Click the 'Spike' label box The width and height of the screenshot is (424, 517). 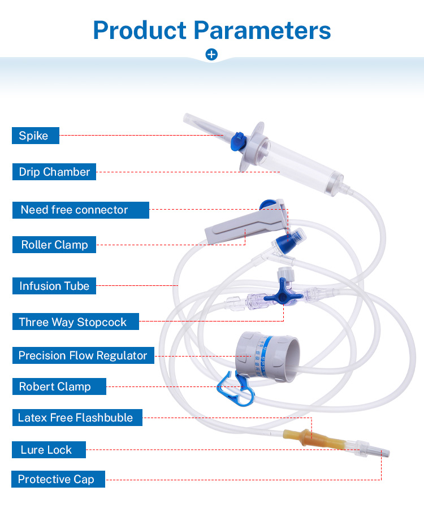coord(35,136)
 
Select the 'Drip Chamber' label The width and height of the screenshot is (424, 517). coord(54,172)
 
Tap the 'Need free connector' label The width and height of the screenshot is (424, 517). coord(80,210)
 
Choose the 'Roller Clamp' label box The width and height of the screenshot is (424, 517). coord(54,245)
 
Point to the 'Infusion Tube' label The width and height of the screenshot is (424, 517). coord(54,286)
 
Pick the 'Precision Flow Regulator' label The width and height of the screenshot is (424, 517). coord(83,355)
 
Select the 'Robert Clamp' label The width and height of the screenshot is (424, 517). coord(59,387)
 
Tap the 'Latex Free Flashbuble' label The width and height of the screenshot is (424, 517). coord(76,418)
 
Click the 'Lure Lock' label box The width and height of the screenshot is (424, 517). coord(49,450)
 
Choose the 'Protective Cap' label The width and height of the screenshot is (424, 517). coord(58,479)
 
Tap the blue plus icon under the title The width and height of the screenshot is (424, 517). coord(211,55)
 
